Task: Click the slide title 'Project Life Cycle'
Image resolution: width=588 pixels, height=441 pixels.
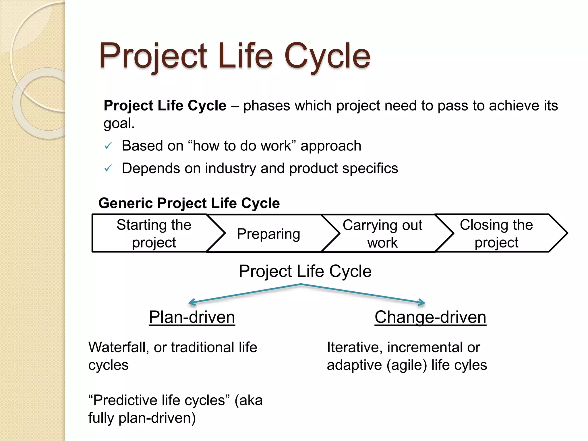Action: [x=235, y=56]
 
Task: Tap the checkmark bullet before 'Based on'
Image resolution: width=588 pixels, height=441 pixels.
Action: [x=108, y=146]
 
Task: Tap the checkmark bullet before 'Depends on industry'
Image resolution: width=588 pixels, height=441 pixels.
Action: [x=108, y=169]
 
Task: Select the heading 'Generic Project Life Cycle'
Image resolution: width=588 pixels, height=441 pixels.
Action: [x=189, y=203]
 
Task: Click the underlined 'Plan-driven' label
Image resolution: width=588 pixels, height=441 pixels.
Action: [x=192, y=317]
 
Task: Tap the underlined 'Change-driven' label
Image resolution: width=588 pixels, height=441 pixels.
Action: [x=430, y=317]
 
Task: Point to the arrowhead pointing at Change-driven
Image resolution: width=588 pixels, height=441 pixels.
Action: [x=423, y=302]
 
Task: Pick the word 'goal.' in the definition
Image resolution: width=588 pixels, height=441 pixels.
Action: [x=119, y=123]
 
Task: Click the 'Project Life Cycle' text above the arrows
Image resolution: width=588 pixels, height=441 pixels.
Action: [x=305, y=271]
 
